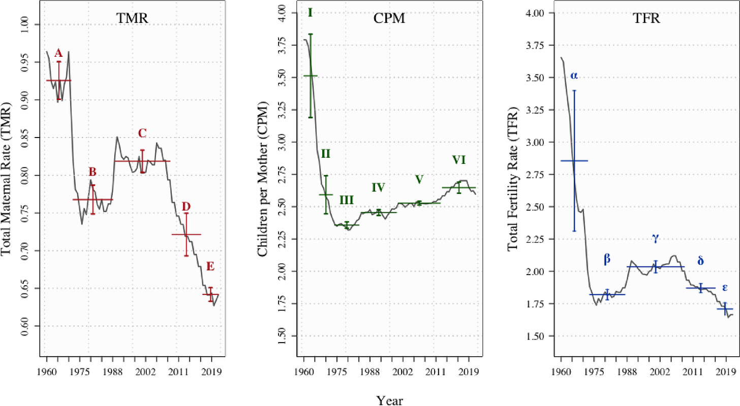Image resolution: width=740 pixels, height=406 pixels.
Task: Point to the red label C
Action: (142, 133)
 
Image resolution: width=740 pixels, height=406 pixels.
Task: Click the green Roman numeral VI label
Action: (458, 160)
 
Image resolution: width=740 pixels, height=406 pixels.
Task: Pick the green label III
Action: (346, 200)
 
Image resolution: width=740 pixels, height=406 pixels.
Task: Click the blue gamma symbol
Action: (656, 238)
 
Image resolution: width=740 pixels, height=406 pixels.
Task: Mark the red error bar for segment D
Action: (187, 234)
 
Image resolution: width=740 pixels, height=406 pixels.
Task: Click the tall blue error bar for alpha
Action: (574, 160)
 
